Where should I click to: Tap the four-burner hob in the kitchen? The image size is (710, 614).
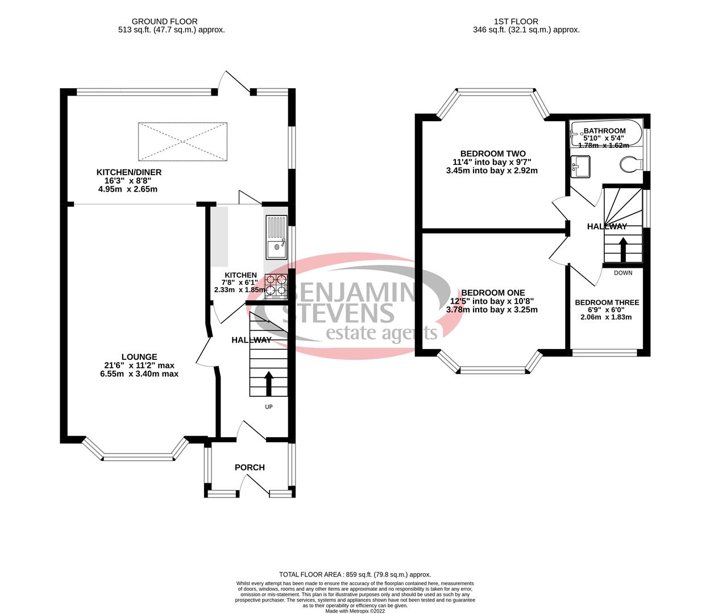point(276,285)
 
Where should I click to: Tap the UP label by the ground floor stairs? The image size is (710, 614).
point(269,407)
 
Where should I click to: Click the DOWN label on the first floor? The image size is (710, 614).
point(623,273)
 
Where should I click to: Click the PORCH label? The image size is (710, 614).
point(250,467)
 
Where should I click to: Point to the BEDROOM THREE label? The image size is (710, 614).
point(607,302)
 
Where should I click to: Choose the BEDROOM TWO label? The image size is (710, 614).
point(492,153)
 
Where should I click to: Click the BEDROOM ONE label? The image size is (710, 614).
point(492,293)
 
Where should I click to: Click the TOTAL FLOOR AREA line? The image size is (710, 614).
point(355,575)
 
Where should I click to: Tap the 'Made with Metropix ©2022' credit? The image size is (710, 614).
point(355,611)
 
